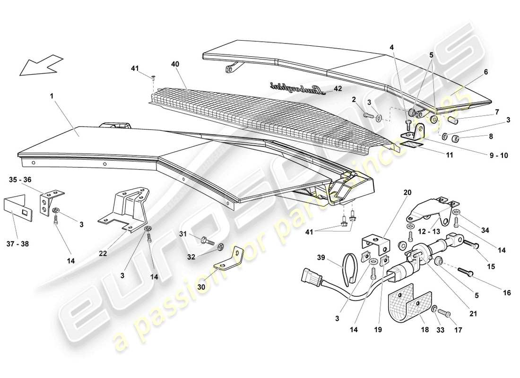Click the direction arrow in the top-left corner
(x=41, y=65)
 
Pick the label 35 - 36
(x=20, y=180)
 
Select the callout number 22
(x=103, y=253)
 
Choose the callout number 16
(x=507, y=293)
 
